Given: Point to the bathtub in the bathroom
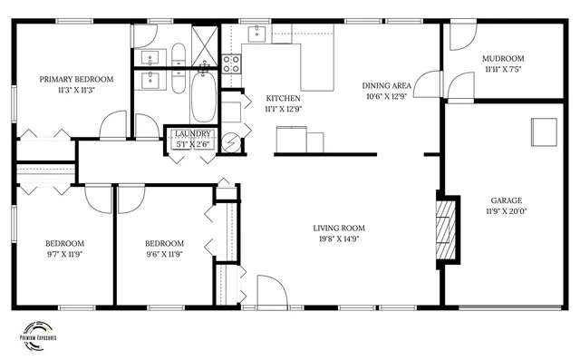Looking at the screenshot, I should click(x=203, y=98).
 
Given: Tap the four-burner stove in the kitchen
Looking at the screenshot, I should click(x=231, y=63).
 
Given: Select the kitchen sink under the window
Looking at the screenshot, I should click(x=256, y=34).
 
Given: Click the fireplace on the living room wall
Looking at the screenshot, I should click(x=445, y=230).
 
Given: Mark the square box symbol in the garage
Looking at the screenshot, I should click(x=545, y=131).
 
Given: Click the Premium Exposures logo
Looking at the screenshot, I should click(x=37, y=333).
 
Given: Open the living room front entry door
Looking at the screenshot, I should click(x=270, y=292).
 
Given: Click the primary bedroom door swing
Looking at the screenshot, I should click(x=115, y=125).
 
